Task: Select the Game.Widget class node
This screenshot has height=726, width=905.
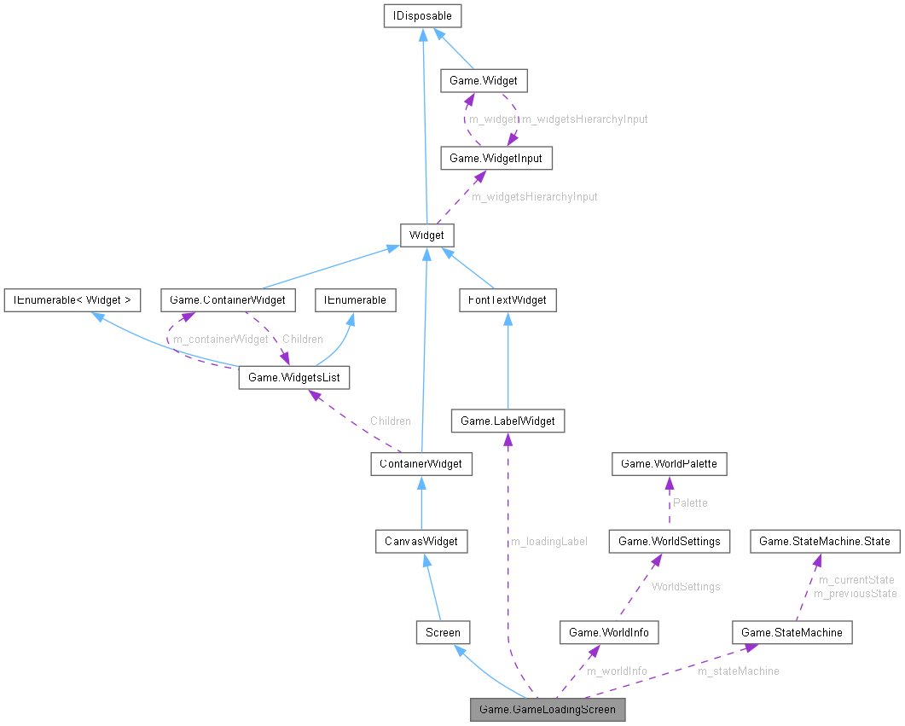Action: point(483,81)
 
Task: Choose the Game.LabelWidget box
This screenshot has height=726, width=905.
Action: point(508,421)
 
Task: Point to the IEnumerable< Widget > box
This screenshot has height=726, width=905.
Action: point(72,300)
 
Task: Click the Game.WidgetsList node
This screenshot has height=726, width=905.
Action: point(293,377)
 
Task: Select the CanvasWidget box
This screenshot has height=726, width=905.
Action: point(421,541)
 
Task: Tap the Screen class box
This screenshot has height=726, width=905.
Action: point(443,632)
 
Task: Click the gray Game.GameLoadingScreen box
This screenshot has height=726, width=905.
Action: point(548,709)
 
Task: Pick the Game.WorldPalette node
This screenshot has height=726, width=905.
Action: point(670,464)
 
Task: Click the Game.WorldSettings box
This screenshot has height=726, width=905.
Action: point(669,541)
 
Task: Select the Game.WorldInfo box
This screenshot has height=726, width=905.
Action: point(608,632)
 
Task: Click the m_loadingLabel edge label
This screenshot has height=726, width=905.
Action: point(548,541)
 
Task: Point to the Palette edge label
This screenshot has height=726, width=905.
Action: point(689,502)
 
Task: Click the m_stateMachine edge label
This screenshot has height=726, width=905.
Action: point(738,671)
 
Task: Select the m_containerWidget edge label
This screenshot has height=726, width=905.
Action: point(220,339)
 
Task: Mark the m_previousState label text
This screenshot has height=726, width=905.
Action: point(855,593)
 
